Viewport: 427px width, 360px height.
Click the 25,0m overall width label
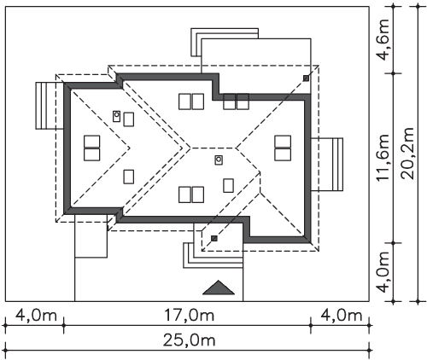tap(189, 340)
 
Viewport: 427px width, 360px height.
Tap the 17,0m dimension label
tap(189, 316)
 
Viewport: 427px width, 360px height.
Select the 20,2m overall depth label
tap(407, 154)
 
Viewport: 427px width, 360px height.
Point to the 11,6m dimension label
tap(382, 157)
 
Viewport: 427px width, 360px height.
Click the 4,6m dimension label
tap(382, 40)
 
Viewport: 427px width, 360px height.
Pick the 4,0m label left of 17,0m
tap(36, 316)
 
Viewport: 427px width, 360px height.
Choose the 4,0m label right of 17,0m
tap(342, 316)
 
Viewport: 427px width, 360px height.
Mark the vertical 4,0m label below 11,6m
tap(382, 272)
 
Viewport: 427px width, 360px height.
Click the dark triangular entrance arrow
tap(219, 287)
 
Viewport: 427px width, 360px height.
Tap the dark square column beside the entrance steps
tap(214, 238)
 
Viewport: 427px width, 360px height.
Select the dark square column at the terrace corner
tap(306, 78)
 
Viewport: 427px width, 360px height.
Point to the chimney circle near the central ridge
tap(219, 160)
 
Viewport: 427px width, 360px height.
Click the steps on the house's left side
tap(50, 106)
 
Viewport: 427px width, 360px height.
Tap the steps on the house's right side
tap(327, 165)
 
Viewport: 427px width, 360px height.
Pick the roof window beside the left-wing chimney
tap(129, 119)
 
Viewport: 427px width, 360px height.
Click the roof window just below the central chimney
tap(228, 185)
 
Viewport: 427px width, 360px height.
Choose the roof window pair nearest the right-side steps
tap(283, 148)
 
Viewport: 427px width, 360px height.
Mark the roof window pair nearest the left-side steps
tap(92, 148)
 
